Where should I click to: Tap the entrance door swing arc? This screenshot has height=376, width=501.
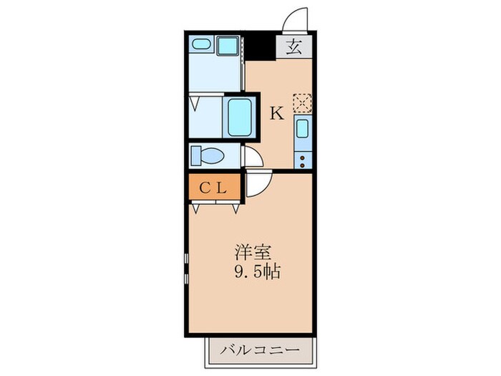click(x=296, y=20)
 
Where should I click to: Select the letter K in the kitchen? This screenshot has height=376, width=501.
click(x=276, y=112)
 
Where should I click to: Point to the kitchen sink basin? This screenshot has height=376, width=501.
click(x=302, y=130)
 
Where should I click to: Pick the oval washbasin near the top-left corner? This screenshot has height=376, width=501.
click(x=200, y=45)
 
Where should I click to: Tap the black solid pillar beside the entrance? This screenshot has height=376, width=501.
click(x=262, y=47)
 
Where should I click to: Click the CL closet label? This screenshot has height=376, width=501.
click(x=213, y=188)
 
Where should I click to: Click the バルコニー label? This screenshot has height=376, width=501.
click(x=261, y=352)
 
